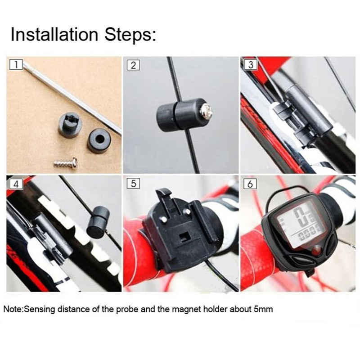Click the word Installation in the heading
[54, 35]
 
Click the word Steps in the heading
[130, 35]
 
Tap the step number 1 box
[16, 65]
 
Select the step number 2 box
[133, 65]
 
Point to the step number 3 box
[251, 65]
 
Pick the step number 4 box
[16, 184]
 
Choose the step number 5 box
[133, 184]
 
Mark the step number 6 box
[251, 184]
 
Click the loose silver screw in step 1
[65, 163]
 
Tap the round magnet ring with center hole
[99, 139]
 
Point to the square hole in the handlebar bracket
[184, 237]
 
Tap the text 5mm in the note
[264, 309]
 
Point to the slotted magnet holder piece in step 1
[70, 124]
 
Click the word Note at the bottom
[13, 309]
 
